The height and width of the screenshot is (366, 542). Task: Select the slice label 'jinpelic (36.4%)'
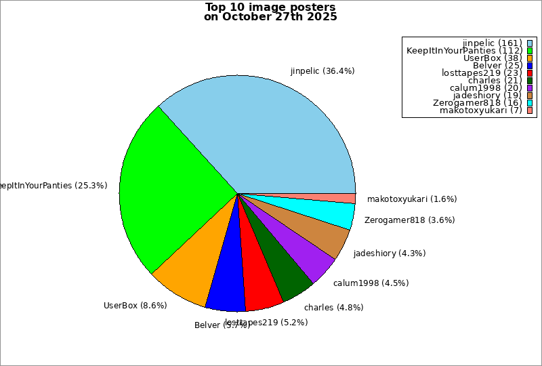coord(322,70)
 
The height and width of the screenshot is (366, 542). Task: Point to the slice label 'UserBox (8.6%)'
coord(135,305)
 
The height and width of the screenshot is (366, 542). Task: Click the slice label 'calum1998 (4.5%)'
coord(371,283)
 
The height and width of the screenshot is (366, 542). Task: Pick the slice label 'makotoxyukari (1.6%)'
coord(412,199)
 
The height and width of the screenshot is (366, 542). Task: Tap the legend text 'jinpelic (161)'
coord(492,43)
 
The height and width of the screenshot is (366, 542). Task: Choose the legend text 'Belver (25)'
coord(497,65)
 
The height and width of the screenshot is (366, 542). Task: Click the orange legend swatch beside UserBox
coord(529,58)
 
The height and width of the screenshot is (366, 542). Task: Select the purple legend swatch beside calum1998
coord(529,87)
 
